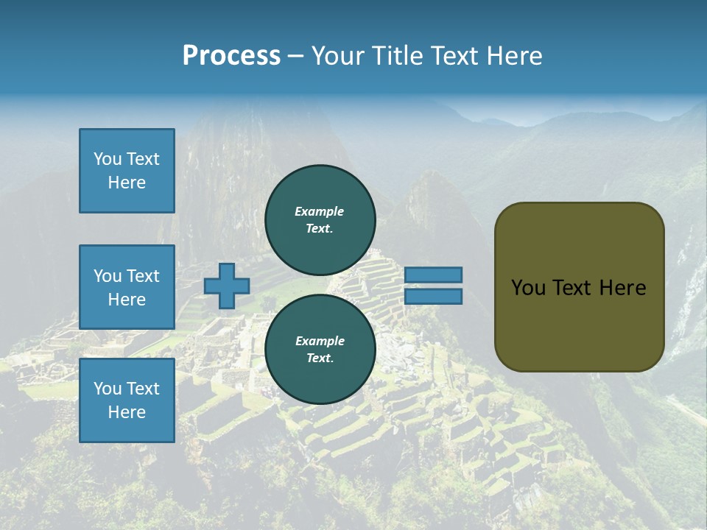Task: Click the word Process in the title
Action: tap(231, 55)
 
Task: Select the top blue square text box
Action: tap(127, 171)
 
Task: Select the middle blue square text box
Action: tap(127, 287)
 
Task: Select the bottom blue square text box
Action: tap(127, 400)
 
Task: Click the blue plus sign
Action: tap(226, 286)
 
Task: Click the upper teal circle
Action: tap(320, 219)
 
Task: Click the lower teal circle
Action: tap(320, 349)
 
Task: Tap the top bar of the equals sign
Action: tap(433, 275)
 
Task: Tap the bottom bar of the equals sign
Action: tap(433, 296)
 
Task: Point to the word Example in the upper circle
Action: tap(320, 211)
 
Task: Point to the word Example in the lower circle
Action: tap(320, 341)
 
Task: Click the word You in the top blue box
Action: tap(107, 159)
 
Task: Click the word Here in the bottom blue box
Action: tap(127, 412)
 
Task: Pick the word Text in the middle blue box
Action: tap(143, 276)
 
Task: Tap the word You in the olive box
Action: tap(528, 288)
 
